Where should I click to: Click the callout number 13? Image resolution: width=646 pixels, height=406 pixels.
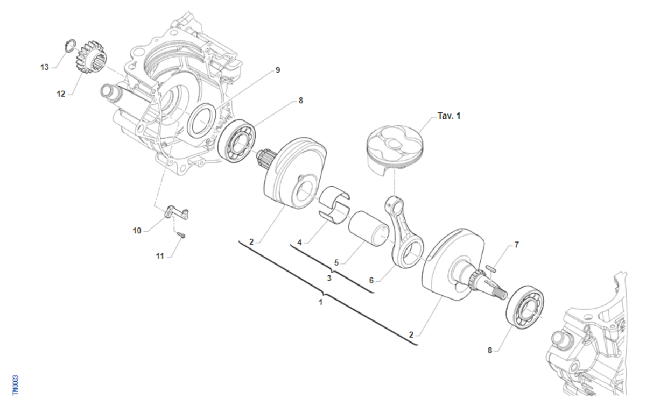[x=44, y=67]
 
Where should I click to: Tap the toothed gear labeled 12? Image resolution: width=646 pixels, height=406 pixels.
[x=90, y=58]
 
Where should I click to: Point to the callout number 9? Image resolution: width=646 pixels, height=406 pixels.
[x=278, y=70]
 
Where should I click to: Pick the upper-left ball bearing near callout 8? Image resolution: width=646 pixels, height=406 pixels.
[x=236, y=141]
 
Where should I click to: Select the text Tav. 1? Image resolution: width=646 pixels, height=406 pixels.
[x=449, y=116]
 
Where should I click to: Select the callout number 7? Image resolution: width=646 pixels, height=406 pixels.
[x=516, y=245]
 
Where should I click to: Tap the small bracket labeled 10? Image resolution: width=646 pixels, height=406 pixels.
[x=177, y=212]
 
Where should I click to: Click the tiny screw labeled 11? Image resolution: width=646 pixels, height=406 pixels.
[x=181, y=235]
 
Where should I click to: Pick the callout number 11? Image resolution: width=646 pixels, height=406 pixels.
[x=160, y=256]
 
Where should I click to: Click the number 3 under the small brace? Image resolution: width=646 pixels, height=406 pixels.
[x=329, y=279]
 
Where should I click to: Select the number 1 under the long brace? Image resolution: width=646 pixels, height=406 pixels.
[x=320, y=302]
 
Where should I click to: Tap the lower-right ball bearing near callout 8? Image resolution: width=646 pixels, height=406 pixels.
[x=525, y=308]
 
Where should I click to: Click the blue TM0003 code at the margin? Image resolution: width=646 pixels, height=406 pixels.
[x=16, y=385]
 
